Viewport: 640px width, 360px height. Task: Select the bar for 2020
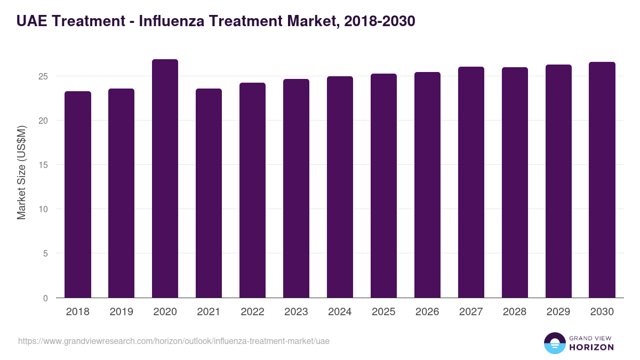coord(165,179)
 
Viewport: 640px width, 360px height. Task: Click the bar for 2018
coord(78,195)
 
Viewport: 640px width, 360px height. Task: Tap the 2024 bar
coord(340,187)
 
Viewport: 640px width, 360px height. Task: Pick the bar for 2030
coord(602,180)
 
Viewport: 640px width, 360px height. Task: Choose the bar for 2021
coord(209,193)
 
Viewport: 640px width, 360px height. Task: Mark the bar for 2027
coord(471,182)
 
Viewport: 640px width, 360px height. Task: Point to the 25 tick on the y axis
coord(44,76)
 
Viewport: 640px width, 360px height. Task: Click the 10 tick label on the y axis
coord(44,209)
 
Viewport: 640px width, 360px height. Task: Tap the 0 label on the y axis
coord(46,298)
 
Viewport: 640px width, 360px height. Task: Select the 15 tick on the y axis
coord(44,165)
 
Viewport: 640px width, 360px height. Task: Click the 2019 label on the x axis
coord(121,312)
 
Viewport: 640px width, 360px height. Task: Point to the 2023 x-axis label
coord(296,312)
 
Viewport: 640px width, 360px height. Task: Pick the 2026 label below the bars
coord(427,312)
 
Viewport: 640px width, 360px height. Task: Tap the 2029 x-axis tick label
coord(558,312)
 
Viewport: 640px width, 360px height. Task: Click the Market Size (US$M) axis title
coord(21,172)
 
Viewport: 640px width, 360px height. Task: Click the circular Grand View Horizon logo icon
coord(554,343)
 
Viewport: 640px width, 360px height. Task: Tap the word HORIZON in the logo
coord(591,347)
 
